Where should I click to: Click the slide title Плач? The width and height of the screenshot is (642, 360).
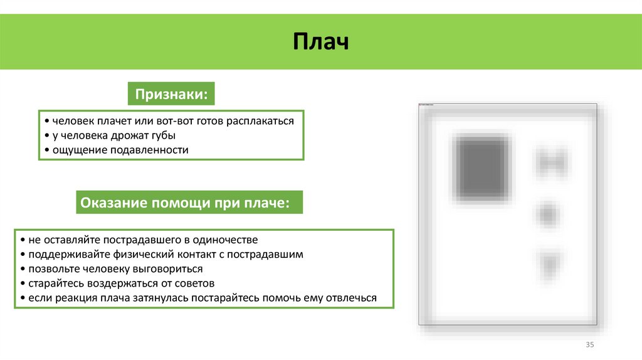tap(320, 43)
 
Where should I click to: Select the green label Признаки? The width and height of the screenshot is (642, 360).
tap(171, 95)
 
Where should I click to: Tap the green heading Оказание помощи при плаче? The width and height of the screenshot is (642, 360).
tap(189, 203)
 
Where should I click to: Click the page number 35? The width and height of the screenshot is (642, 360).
tap(589, 345)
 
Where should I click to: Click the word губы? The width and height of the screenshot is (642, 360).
tap(162, 135)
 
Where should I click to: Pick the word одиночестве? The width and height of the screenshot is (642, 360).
tap(225, 240)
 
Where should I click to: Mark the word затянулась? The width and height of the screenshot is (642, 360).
tap(162, 298)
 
